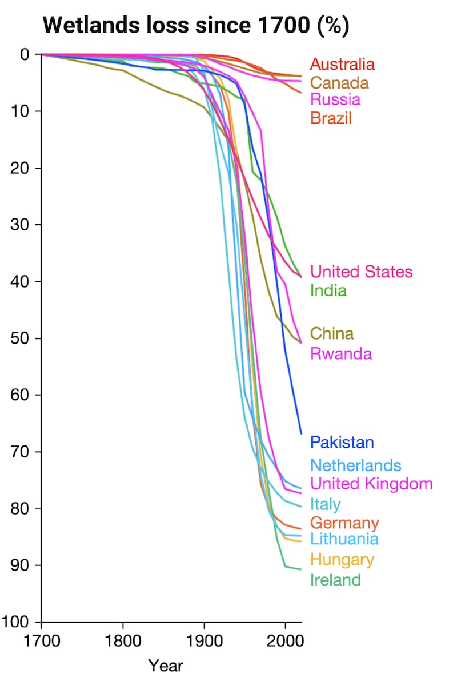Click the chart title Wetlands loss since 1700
point(196,26)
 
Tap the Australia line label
point(342,64)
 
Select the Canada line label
point(339,82)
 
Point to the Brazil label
point(331,118)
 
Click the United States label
point(361,271)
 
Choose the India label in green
point(328,290)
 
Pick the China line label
point(331,333)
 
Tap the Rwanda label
point(341,353)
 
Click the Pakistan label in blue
point(342,442)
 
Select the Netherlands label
point(356,465)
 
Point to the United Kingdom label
point(371,484)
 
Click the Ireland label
point(335,579)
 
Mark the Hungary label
point(342,559)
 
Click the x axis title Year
point(166,666)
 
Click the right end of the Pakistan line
point(301,434)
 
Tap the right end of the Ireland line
point(301,569)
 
